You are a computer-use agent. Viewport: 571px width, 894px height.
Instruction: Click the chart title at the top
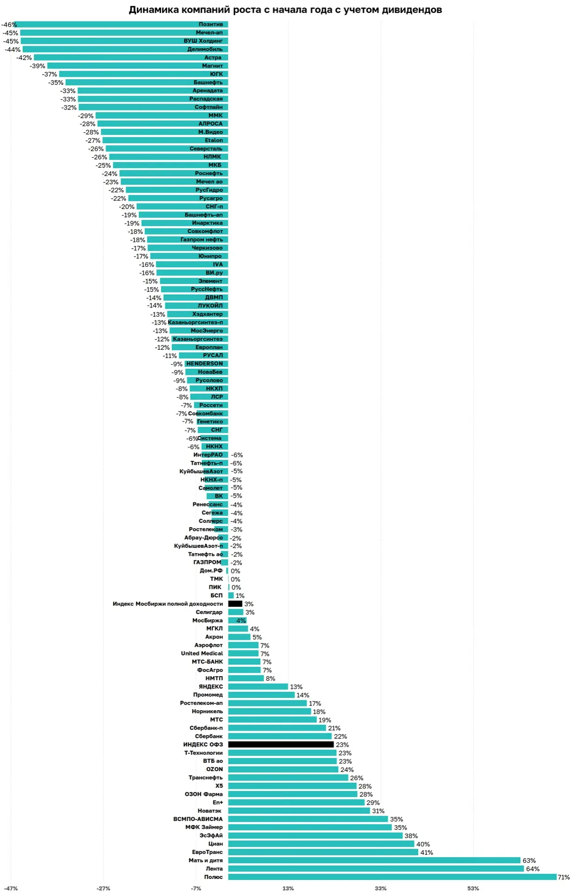285,10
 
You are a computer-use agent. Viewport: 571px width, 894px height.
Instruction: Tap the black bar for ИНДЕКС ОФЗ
281,745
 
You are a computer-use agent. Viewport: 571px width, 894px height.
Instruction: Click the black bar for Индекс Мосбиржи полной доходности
235,604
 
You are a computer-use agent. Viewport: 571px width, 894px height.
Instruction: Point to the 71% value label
563,877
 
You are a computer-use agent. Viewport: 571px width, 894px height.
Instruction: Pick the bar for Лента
376,869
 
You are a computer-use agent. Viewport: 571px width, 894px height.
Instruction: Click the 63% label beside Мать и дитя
529,860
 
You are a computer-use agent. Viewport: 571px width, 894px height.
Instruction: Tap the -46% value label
8,25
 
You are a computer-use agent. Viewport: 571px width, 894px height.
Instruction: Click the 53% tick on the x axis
473,888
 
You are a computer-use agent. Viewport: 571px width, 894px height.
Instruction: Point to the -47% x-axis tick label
11,888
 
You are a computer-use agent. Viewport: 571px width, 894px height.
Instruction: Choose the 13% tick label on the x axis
288,888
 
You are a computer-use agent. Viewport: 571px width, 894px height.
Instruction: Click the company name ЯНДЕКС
211,686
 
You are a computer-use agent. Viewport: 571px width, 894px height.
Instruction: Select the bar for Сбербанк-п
277,728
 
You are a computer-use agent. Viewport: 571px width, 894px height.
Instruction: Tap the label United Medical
202,653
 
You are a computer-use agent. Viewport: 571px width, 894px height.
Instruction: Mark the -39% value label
37,66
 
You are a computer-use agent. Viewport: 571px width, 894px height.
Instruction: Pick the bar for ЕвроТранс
323,852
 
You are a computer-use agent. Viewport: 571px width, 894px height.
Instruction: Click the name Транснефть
205,778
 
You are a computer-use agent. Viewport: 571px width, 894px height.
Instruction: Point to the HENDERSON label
204,364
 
